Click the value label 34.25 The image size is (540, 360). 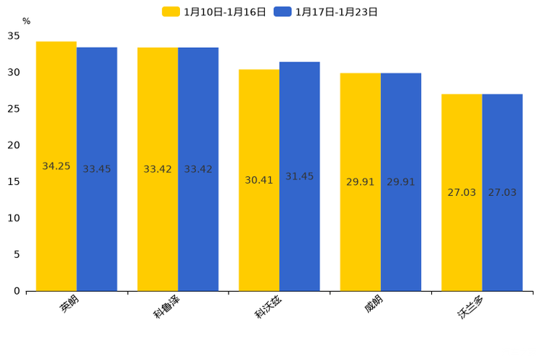coord(57,166)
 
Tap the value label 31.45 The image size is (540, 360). coord(300,176)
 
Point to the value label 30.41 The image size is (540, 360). coord(259,180)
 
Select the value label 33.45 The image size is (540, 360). coord(97,169)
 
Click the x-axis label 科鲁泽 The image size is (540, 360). coord(166,306)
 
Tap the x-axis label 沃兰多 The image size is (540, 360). coord(470,306)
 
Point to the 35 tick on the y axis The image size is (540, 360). coord(14,36)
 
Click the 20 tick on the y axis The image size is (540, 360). coord(14,145)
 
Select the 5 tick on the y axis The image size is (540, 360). coord(17,255)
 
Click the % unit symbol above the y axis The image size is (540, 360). coord(26,22)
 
